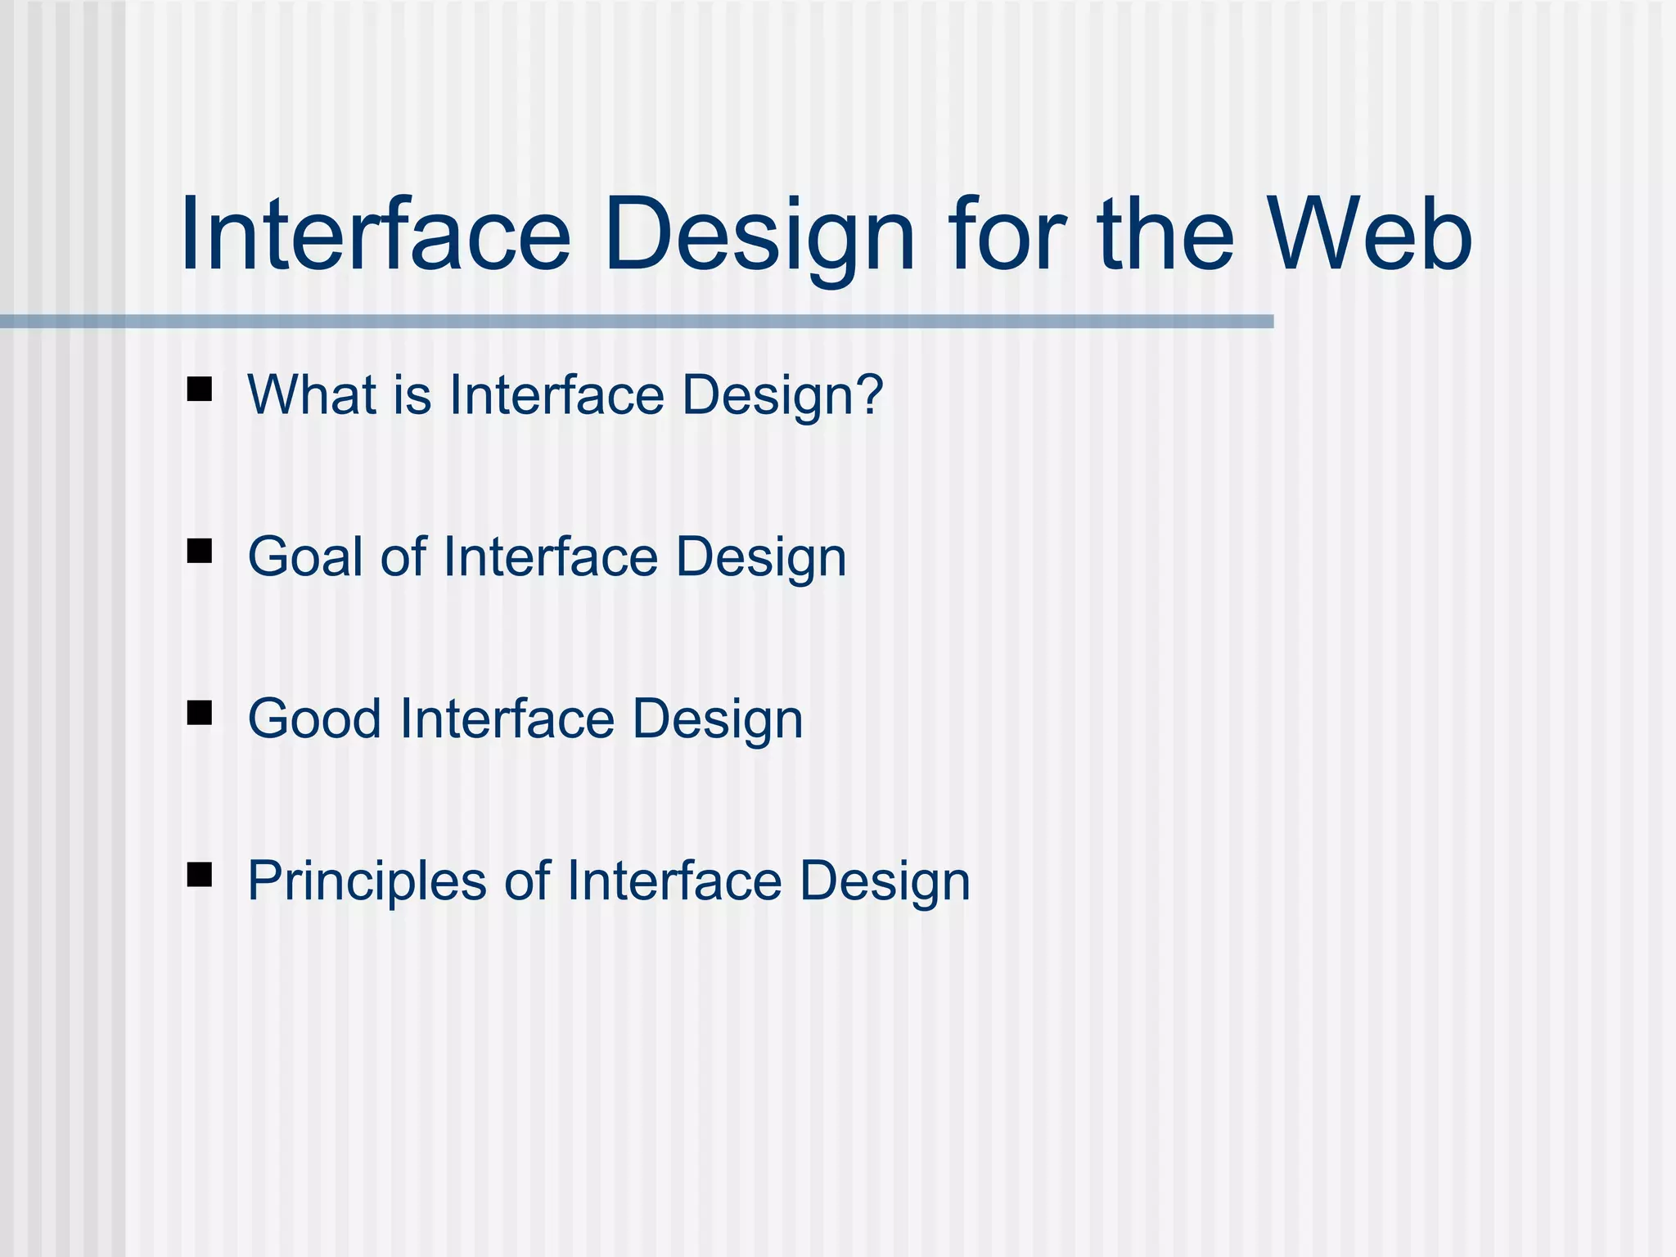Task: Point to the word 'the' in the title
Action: pos(1165,234)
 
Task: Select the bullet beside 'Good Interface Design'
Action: pos(200,713)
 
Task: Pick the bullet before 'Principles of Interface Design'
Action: pos(200,875)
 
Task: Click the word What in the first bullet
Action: pos(312,395)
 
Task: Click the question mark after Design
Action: pos(868,395)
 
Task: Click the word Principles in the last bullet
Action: pos(367,881)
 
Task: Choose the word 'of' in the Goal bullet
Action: pos(403,557)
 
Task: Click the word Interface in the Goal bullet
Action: pos(550,557)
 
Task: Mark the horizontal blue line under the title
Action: pos(637,322)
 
